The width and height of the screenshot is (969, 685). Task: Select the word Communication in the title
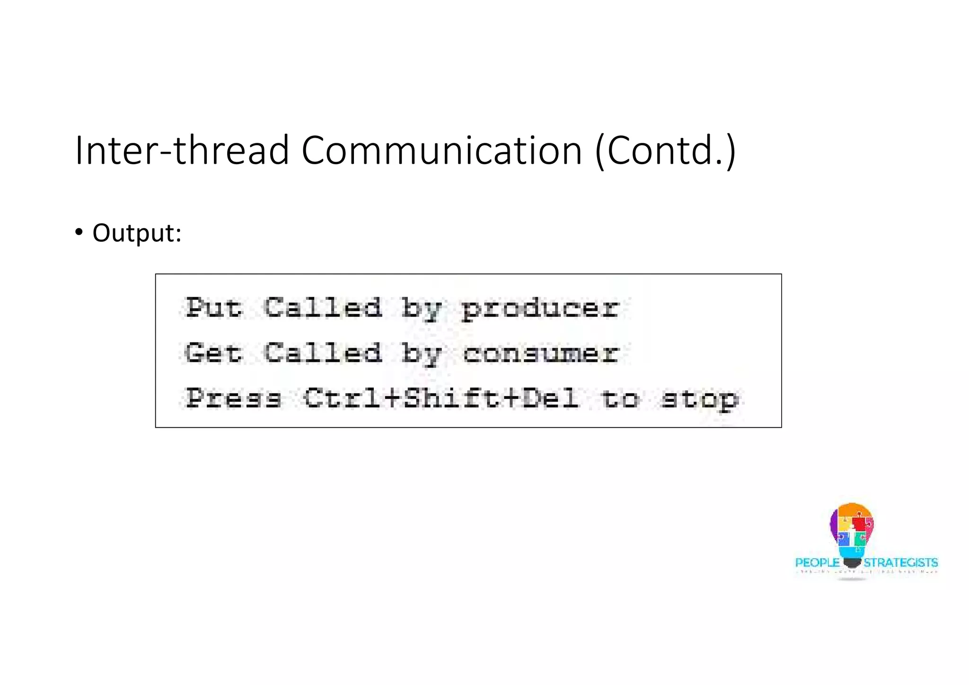coord(441,150)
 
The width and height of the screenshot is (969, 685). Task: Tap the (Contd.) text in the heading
coord(665,150)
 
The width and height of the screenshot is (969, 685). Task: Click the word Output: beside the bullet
coord(137,233)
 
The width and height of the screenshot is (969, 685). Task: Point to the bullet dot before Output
coord(79,232)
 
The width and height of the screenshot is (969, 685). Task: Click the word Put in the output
coord(213,308)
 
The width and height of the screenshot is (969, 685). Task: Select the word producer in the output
coord(540,309)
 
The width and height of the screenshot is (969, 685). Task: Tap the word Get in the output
coord(213,353)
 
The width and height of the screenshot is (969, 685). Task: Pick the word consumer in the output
coord(540,354)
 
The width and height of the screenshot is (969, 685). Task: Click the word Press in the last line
coord(233,398)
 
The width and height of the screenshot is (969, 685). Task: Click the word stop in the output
coord(699,400)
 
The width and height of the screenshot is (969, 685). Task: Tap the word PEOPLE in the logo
coord(817,563)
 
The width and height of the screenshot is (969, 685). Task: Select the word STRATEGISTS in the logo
coord(900,563)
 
